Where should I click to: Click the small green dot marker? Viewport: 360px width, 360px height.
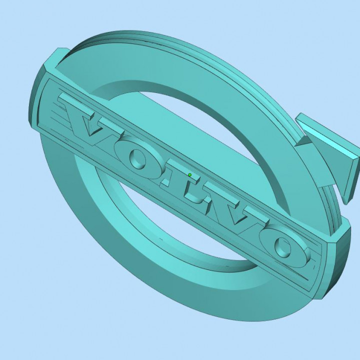point(190,174)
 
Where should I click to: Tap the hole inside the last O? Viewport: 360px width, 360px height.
point(284,248)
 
